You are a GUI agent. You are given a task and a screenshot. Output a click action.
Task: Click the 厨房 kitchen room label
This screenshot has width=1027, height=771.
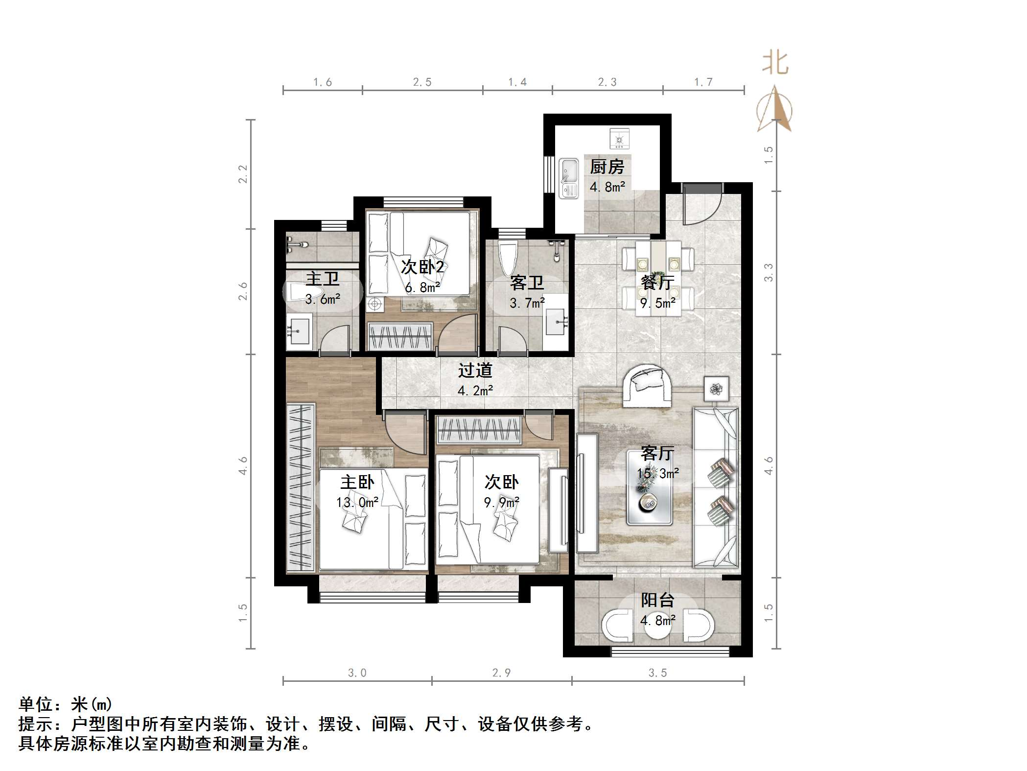607,167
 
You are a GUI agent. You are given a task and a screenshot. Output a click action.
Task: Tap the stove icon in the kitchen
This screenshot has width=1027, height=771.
619,138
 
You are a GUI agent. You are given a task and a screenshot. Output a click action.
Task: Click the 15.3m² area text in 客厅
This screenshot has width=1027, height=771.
657,473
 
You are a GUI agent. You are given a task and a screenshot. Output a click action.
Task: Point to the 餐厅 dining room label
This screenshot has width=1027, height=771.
657,283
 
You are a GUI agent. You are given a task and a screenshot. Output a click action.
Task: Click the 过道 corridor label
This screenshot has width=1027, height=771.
475,370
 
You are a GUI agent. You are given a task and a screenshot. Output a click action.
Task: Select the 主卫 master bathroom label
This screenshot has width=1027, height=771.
322,279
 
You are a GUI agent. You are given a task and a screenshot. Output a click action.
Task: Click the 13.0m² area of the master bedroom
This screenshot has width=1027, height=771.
357,502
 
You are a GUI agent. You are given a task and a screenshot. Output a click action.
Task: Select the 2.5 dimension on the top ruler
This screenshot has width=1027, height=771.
422,82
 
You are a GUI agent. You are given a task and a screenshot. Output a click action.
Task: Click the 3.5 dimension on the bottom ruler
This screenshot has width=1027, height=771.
657,673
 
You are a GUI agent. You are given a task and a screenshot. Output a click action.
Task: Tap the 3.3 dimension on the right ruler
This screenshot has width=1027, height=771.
769,272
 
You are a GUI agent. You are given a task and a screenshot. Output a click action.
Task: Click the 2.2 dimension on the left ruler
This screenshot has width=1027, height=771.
243,174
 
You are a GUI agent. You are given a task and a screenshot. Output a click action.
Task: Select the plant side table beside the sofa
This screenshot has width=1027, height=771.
717,389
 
